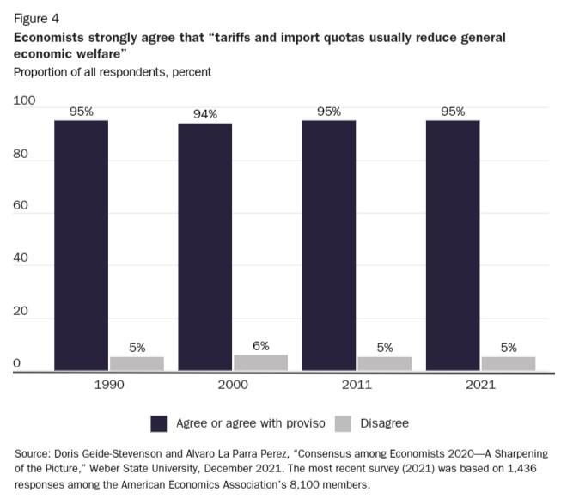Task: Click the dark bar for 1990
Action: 81,246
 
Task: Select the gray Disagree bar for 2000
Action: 260,362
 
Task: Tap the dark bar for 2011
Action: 328,246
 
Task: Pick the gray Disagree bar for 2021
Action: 508,363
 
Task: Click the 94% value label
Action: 205,114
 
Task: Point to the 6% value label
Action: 260,346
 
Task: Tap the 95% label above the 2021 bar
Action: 453,111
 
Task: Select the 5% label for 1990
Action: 137,348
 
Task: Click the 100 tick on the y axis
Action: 24,101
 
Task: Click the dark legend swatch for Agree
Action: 158,423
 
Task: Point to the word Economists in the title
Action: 48,38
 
